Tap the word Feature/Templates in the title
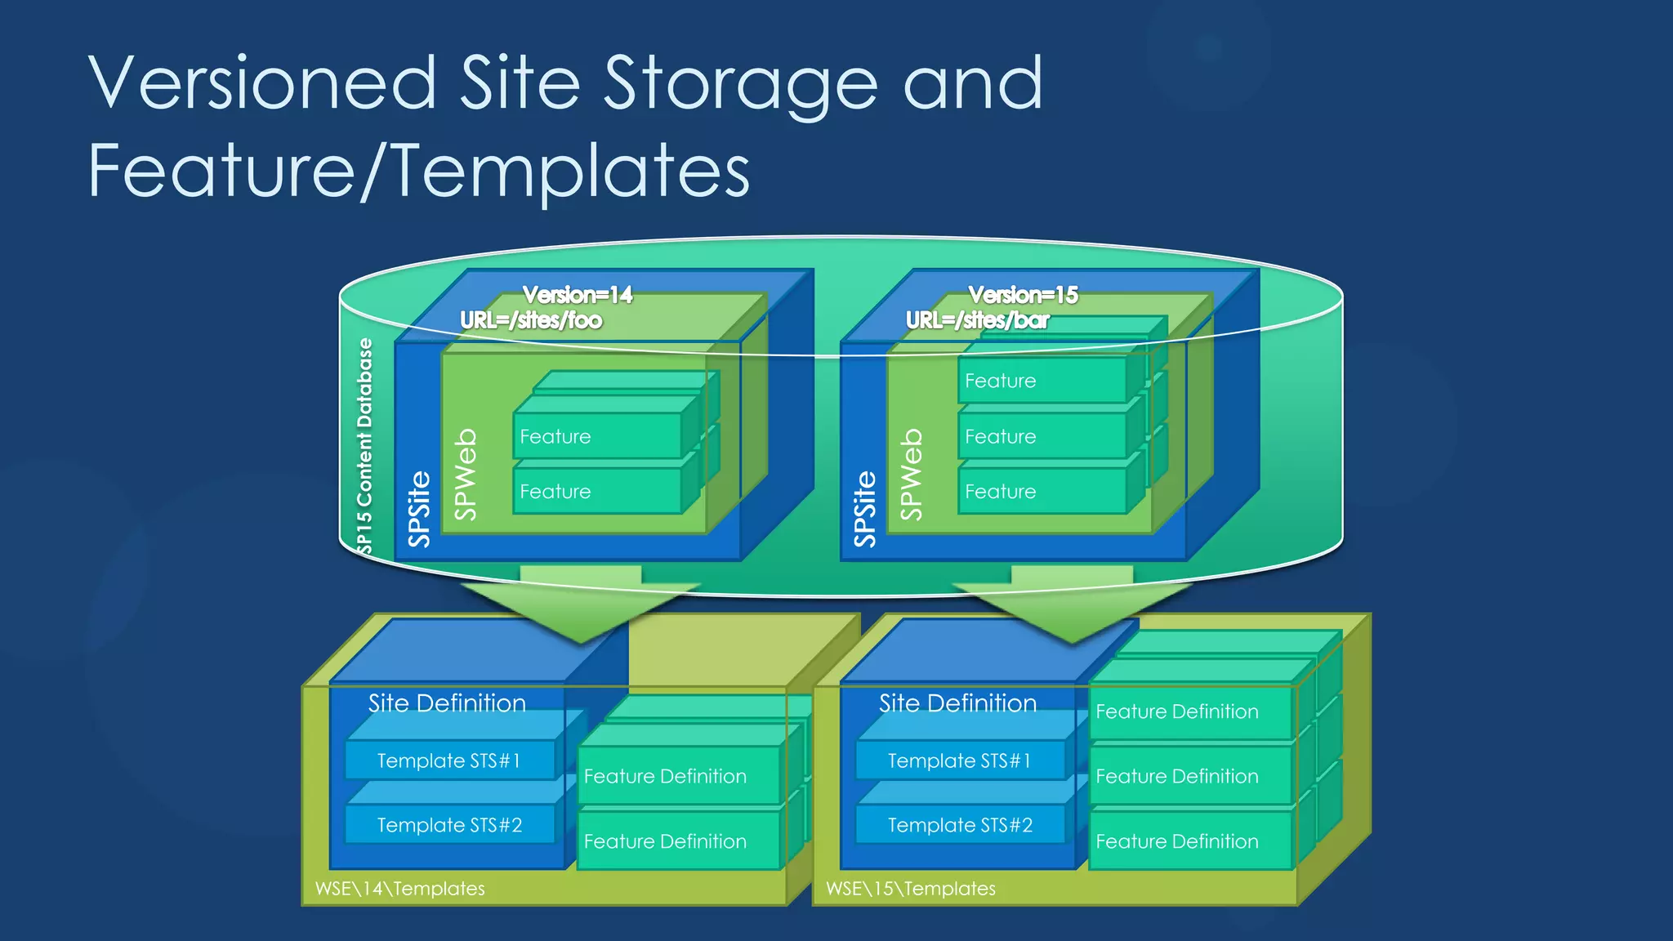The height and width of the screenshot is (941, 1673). click(418, 172)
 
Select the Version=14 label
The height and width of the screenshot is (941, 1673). click(578, 295)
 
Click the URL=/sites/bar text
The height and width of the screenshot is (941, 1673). click(977, 320)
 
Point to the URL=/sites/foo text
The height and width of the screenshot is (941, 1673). click(531, 320)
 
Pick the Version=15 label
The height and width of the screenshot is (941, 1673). click(1023, 295)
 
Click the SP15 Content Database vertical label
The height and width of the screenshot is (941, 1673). click(364, 445)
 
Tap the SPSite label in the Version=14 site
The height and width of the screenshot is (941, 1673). click(419, 508)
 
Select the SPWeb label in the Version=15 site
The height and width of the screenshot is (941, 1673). click(911, 474)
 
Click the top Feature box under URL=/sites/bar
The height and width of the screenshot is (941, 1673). click(1041, 381)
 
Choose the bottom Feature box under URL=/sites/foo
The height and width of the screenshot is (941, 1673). click(596, 491)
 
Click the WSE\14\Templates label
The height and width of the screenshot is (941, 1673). click(400, 889)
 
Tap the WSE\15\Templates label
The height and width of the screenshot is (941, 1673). click(911, 889)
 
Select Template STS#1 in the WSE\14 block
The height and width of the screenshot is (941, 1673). click(448, 760)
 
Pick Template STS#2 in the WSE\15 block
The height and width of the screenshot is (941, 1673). click(960, 825)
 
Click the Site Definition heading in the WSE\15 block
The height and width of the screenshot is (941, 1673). click(957, 703)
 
